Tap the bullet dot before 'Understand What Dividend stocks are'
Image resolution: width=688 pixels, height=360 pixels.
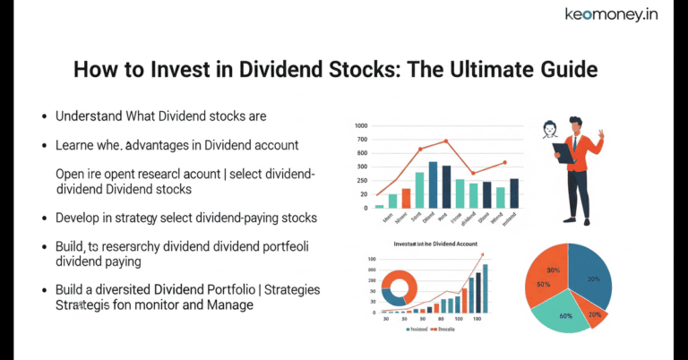click(x=45, y=117)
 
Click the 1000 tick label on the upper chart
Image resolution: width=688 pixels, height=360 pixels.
click(x=361, y=126)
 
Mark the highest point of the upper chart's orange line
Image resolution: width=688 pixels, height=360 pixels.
click(x=446, y=141)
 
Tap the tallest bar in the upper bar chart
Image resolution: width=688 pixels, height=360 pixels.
click(x=433, y=184)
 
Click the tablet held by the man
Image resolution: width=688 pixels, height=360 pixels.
click(x=563, y=151)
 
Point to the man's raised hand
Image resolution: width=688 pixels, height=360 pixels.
click(x=600, y=134)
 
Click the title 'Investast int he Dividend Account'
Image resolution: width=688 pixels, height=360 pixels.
click(x=435, y=244)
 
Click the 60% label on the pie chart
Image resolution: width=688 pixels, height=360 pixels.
click(x=565, y=314)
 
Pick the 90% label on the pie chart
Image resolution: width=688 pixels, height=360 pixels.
click(x=554, y=270)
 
